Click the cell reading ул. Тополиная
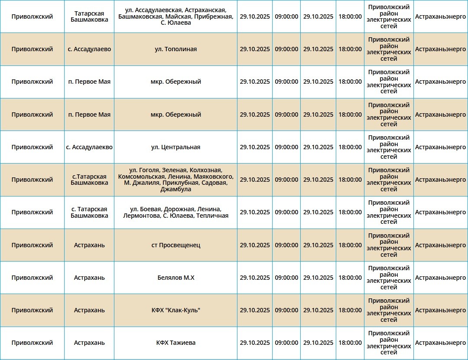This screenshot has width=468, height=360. click(x=175, y=49)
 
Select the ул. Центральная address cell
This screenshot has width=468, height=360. click(x=175, y=147)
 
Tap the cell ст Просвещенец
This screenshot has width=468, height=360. click(x=175, y=245)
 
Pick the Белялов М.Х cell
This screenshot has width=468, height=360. click(x=175, y=278)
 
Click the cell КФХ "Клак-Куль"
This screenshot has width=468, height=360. click(x=175, y=310)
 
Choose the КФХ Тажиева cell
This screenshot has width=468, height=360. click(x=175, y=343)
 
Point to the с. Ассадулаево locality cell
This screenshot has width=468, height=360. click(x=89, y=49)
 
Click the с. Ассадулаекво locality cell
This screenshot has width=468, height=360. click(x=89, y=147)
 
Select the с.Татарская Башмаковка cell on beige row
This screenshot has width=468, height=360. click(x=89, y=180)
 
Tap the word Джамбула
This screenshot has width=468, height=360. click(x=175, y=189)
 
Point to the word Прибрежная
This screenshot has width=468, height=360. click(x=214, y=16)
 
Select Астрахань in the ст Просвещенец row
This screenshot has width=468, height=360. click(x=89, y=245)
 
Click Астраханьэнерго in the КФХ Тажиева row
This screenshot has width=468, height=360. click(x=440, y=343)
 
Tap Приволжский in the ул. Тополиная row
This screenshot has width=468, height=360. click(x=32, y=49)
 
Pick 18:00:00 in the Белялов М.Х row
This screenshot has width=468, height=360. click(x=350, y=278)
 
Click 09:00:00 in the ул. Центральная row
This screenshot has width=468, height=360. click(x=286, y=147)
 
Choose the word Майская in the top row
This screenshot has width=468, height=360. click(x=182, y=16)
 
